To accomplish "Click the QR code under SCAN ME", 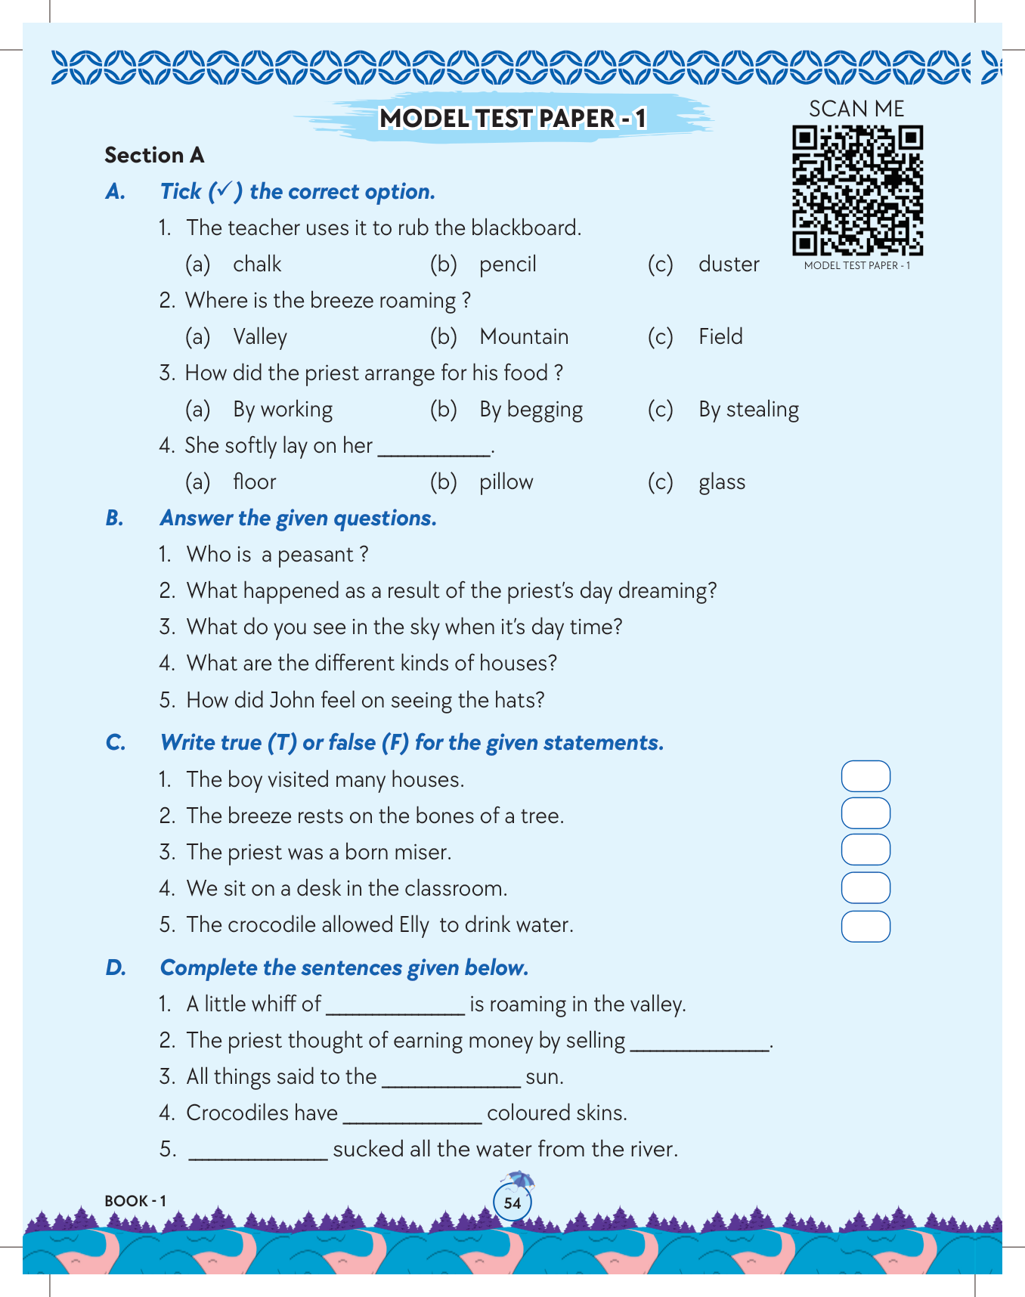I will point(857,190).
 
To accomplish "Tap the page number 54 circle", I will point(512,1203).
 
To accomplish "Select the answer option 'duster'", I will point(728,265).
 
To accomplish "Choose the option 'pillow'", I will point(506,482).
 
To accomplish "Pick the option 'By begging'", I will point(531,410).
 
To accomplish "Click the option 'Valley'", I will point(260,337).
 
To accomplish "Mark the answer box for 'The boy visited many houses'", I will point(866,776).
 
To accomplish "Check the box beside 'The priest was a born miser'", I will point(866,850).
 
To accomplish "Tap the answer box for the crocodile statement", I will point(866,926).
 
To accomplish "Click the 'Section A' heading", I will point(154,155).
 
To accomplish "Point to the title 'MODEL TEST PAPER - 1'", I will point(512,119).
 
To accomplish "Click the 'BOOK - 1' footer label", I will point(135,1201).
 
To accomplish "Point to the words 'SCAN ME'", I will point(856,109).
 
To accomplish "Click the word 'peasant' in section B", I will point(315,556).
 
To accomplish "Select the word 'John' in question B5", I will point(292,700).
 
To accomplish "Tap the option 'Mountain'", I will point(524,337).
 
